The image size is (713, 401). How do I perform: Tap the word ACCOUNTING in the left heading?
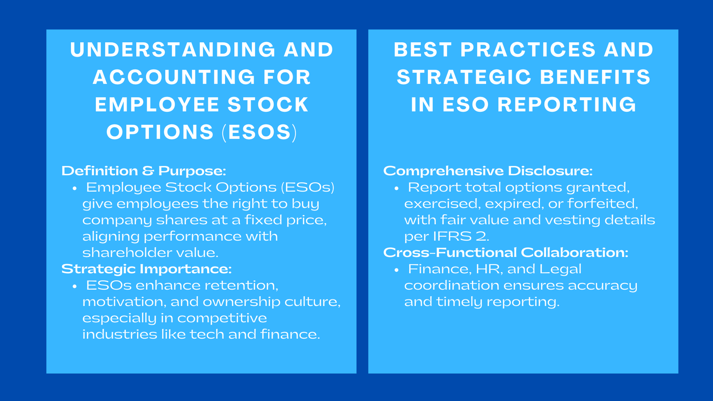pyautogui.click(x=174, y=77)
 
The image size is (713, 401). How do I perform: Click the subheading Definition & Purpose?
pyautogui.click(x=144, y=171)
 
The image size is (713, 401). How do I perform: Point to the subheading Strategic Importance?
pyautogui.click(x=147, y=269)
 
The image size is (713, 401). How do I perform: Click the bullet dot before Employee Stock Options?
pyautogui.click(x=75, y=188)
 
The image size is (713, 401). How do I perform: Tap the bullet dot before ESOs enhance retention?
pyautogui.click(x=75, y=286)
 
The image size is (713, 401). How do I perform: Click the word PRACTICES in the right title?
pyautogui.click(x=528, y=50)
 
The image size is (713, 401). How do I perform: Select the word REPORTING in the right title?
pyautogui.click(x=567, y=105)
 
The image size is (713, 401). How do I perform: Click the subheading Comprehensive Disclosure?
pyautogui.click(x=488, y=171)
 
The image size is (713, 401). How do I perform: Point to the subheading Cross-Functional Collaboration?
pyautogui.click(x=506, y=253)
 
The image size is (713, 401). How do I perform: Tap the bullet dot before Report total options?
pyautogui.click(x=397, y=188)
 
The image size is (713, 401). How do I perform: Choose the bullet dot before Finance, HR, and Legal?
pyautogui.click(x=397, y=270)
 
